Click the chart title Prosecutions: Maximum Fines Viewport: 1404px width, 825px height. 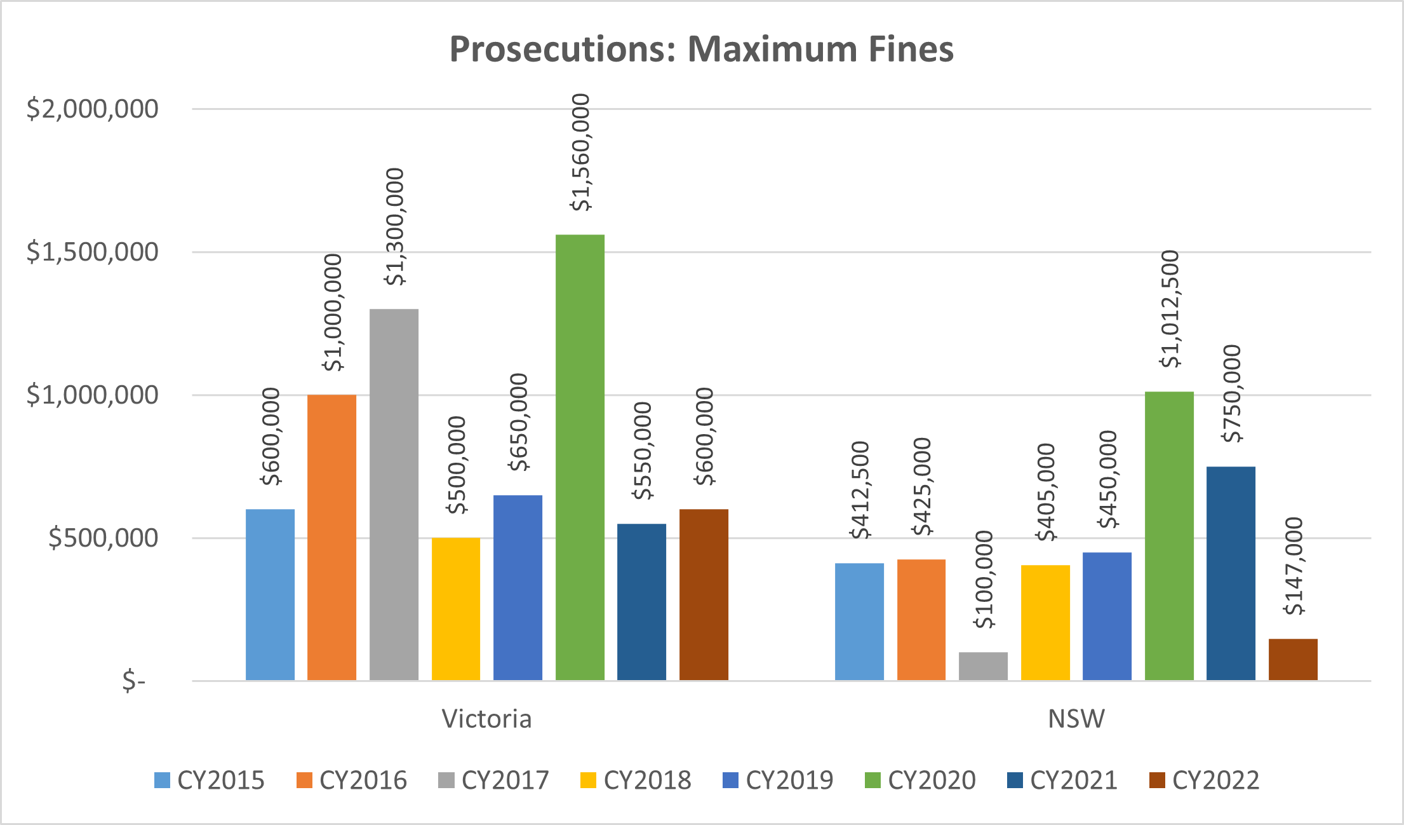click(x=702, y=50)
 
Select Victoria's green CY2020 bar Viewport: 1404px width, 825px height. click(x=580, y=458)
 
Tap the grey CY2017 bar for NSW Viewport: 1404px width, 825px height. click(x=983, y=666)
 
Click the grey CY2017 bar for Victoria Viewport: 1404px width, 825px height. click(x=394, y=494)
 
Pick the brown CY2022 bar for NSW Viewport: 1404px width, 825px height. click(x=1293, y=660)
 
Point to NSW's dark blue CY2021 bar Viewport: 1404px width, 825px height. click(x=1231, y=573)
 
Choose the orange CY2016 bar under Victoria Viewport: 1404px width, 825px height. click(x=331, y=537)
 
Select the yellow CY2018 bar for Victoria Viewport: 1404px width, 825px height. click(x=455, y=609)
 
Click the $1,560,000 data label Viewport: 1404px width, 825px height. click(x=580, y=153)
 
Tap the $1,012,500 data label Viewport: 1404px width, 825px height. click(x=1170, y=310)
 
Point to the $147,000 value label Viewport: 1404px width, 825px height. click(x=1294, y=566)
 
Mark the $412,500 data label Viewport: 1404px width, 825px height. click(x=860, y=490)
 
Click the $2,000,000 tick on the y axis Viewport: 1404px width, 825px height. click(x=93, y=109)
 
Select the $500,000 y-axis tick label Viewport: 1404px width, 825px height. click(x=104, y=538)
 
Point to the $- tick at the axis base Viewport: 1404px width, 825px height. click(x=134, y=681)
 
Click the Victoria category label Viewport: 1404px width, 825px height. click(x=486, y=719)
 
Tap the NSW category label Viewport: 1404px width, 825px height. click(x=1076, y=719)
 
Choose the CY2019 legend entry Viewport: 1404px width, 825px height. click(x=778, y=781)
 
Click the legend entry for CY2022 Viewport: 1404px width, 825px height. click(x=1205, y=781)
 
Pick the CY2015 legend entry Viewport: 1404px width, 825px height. click(x=210, y=781)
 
